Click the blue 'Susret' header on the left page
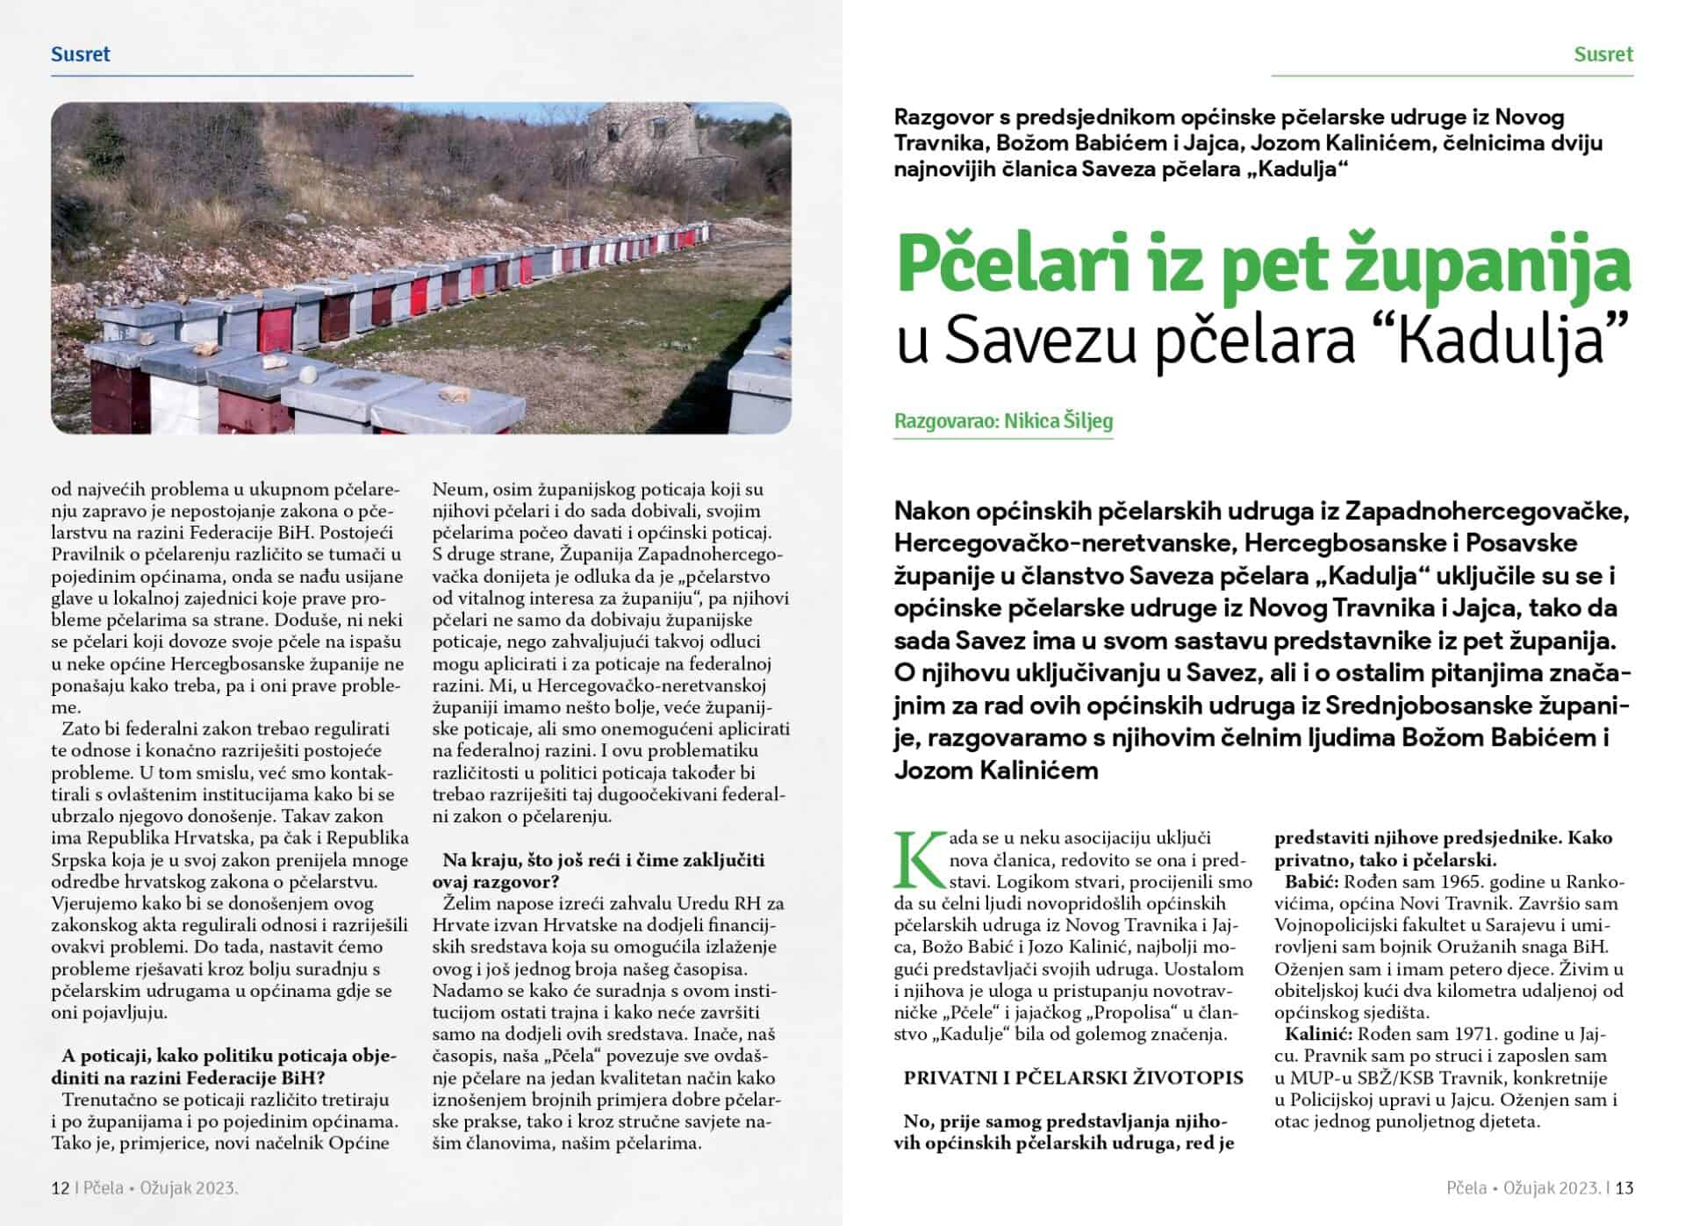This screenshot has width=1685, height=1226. pos(81,54)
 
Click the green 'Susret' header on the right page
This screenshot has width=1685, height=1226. pos(1603,54)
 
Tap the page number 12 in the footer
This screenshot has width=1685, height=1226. pos(61,1188)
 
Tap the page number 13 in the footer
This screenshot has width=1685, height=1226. pos(1624,1188)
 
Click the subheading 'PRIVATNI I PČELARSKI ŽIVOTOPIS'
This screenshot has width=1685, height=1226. pos(1073,1078)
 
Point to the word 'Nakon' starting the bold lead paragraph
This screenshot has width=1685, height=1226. pos(930,511)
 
